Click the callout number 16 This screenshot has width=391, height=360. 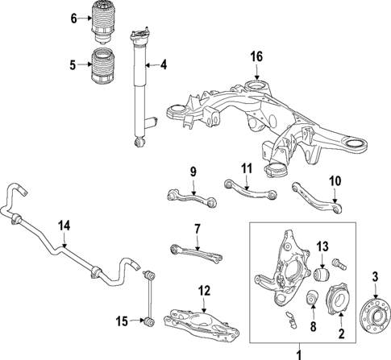tap(256, 56)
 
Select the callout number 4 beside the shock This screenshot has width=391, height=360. tap(163, 65)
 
